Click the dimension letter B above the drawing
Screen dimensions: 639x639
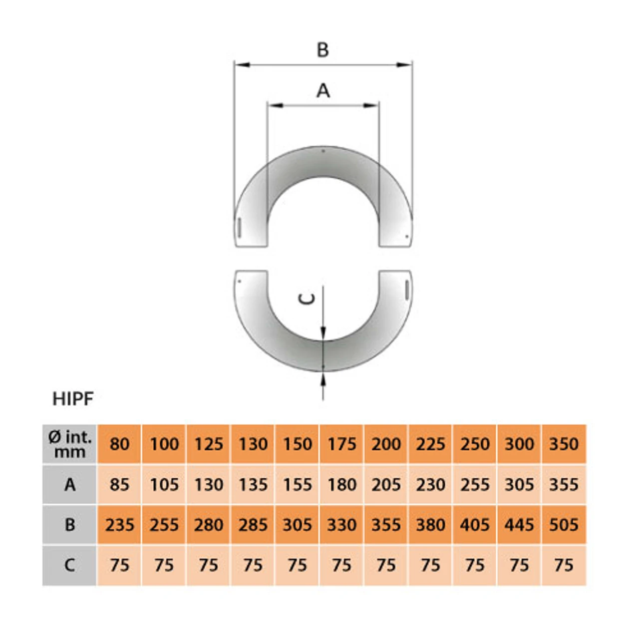(x=323, y=50)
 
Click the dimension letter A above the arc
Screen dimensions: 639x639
(x=323, y=91)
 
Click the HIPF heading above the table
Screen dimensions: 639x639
(x=73, y=399)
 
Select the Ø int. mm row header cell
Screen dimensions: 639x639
(x=70, y=444)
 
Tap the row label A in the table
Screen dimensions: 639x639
(x=70, y=485)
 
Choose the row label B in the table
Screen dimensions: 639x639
(x=70, y=525)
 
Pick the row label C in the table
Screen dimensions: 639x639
(x=70, y=565)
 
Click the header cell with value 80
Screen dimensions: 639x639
(x=119, y=444)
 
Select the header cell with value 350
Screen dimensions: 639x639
(x=564, y=444)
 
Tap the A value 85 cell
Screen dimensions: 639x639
(x=119, y=485)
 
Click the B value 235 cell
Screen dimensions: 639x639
(x=119, y=525)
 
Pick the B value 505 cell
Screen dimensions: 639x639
(x=564, y=525)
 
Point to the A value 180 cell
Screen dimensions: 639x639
(x=342, y=485)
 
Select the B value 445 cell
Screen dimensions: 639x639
(x=519, y=525)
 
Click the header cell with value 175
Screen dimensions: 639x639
(x=342, y=444)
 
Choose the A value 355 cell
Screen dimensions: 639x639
(x=564, y=485)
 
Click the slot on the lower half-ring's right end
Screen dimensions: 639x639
(x=407, y=289)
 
